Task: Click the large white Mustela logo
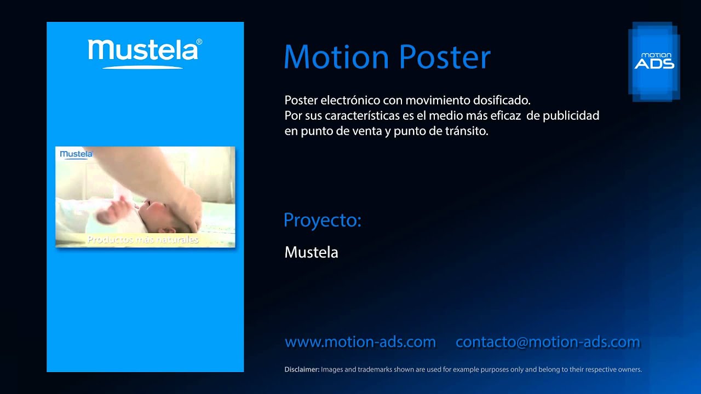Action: click(143, 51)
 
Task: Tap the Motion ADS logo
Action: click(654, 61)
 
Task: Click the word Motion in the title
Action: click(336, 57)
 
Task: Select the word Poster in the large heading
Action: click(444, 57)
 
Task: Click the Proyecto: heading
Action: click(323, 220)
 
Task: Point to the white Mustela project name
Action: click(311, 252)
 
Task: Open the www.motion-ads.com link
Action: click(360, 342)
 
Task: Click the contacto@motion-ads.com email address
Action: click(548, 342)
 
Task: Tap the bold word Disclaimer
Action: click(302, 369)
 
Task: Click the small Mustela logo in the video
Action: click(76, 154)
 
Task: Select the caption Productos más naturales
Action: click(143, 240)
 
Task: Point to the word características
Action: click(366, 116)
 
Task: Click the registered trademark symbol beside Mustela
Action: click(199, 42)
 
